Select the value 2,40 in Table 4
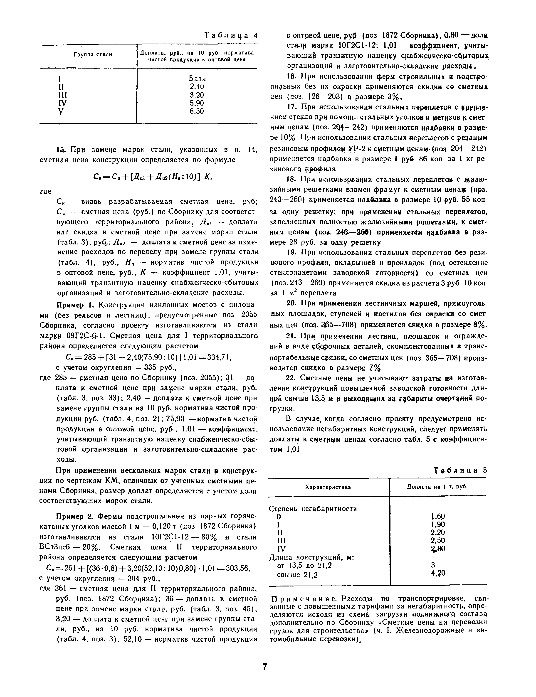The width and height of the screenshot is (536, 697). pos(197,87)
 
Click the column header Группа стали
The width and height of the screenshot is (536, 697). pos(93,54)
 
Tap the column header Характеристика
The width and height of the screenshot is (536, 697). pos(328,487)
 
